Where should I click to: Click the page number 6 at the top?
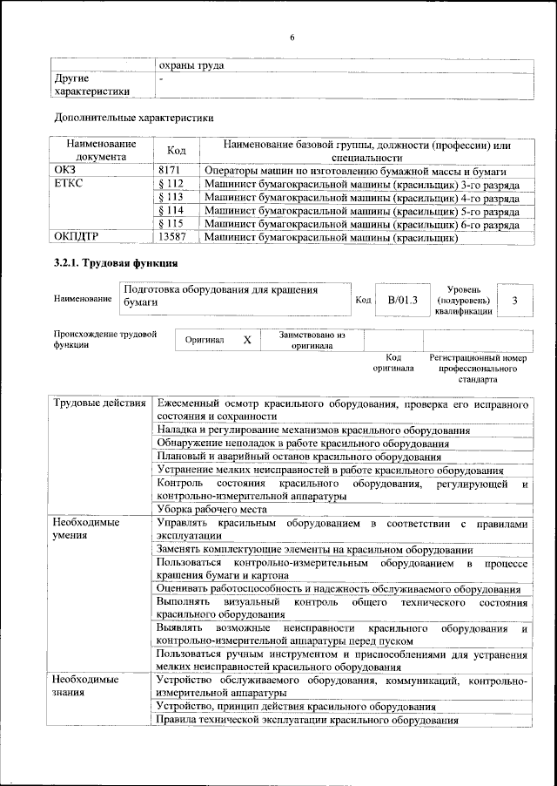click(292, 37)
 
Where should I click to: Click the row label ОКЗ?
click(65, 172)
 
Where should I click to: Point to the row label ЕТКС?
click(69, 185)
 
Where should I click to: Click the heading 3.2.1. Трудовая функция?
click(116, 262)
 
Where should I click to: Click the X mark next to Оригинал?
click(246, 340)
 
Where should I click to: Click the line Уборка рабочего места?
click(211, 509)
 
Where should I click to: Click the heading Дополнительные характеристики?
click(134, 117)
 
